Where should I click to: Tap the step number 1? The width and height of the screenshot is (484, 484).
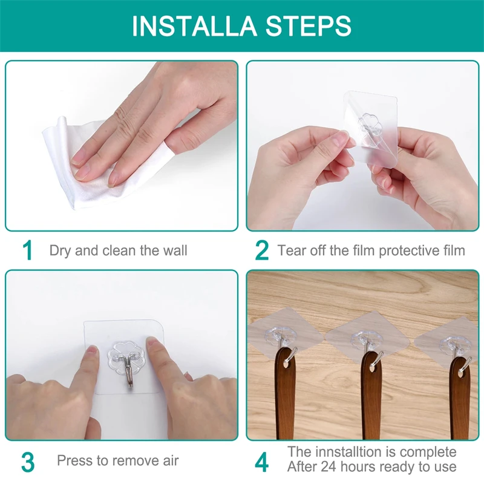coord(27,250)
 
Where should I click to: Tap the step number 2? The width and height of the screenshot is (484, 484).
coord(261,250)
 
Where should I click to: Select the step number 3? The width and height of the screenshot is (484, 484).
coord(28,461)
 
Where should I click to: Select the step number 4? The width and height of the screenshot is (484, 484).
coord(261,461)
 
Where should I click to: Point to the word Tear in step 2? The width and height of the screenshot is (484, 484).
coord(290,250)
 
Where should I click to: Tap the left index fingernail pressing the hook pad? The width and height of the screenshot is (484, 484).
coord(92,351)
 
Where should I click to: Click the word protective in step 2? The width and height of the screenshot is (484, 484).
coord(412,250)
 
